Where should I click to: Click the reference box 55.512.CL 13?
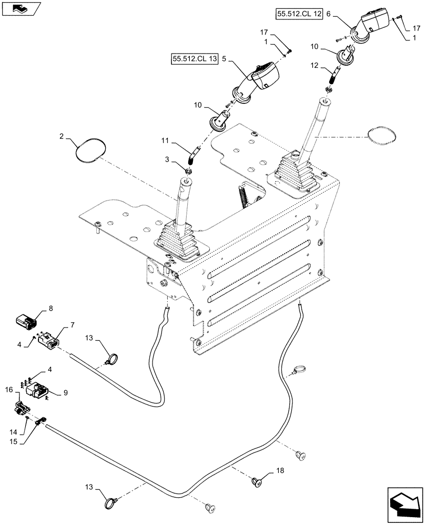[194, 58]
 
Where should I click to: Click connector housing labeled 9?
[37, 392]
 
